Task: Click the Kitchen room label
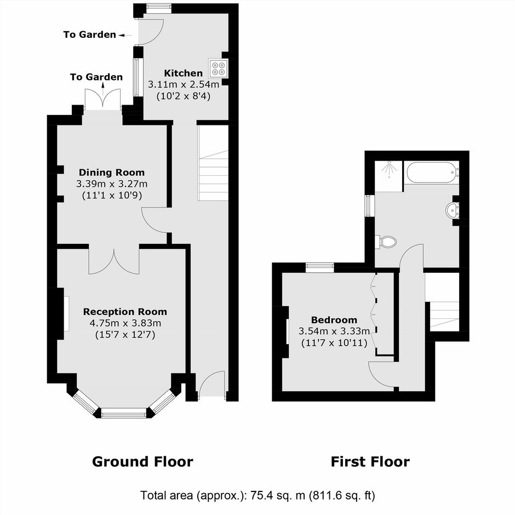pos(184,73)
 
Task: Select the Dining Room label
pos(112,173)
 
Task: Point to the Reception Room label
pos(125,312)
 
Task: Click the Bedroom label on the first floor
pos(334,320)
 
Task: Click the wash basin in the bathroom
pos(453,210)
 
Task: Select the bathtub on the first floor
pos(431,173)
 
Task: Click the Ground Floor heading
pos(142,461)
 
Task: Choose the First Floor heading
pos(370,461)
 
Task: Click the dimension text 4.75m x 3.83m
pos(125,323)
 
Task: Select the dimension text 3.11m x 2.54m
pos(184,85)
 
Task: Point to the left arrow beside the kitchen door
pos(125,35)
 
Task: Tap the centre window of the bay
pos(123,413)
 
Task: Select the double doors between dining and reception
pos(114,261)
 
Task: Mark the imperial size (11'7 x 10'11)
pos(334,343)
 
